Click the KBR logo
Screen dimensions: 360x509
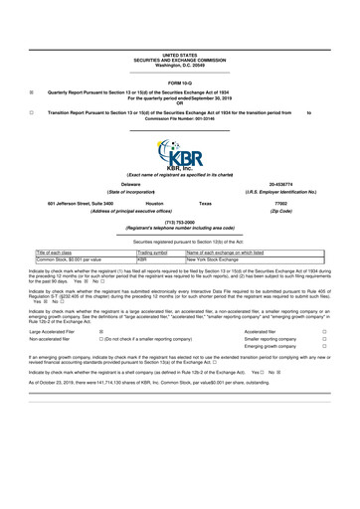180,153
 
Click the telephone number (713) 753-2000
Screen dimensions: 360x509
179,222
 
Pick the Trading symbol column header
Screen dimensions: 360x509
154,253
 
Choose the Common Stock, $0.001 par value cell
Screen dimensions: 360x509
71,259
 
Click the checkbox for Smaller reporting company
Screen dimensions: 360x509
325,341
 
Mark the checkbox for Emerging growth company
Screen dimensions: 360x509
325,350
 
